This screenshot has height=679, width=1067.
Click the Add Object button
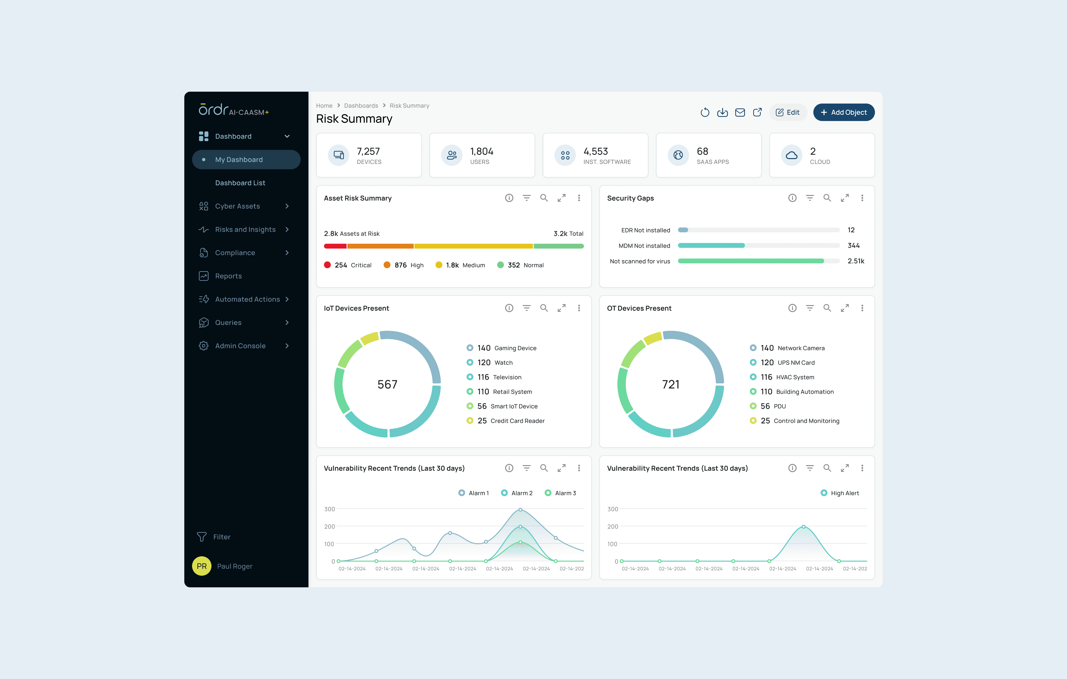coord(844,112)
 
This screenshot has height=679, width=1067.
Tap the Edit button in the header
coord(787,112)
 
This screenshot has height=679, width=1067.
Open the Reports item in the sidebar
coord(228,276)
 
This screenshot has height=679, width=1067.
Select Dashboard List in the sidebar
coord(240,183)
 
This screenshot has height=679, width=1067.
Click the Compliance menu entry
coord(235,253)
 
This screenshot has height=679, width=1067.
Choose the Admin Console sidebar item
coord(240,346)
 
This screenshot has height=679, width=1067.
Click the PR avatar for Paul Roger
coord(202,566)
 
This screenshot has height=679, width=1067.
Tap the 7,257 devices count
coord(368,151)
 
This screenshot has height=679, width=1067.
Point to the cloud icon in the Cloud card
coord(791,155)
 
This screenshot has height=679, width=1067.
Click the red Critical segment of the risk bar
coord(335,246)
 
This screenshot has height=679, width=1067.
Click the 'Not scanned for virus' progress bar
coord(759,261)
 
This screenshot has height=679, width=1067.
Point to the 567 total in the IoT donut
coord(387,384)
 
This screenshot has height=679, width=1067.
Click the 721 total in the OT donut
coord(671,384)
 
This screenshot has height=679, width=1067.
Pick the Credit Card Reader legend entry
coord(506,420)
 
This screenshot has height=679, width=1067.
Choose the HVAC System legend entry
coord(782,377)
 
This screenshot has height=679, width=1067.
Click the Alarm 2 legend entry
coord(517,493)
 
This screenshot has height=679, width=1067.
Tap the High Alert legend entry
coord(840,493)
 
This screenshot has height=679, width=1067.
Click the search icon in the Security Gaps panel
coord(827,198)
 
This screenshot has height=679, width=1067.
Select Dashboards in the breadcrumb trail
coord(361,105)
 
